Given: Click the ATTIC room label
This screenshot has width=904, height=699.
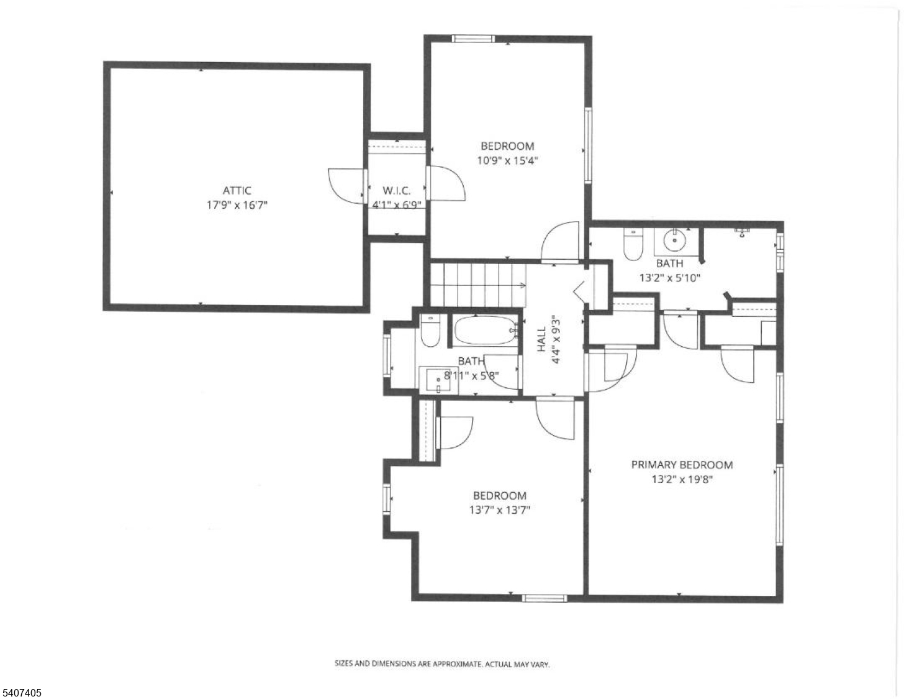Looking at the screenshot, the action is coord(237,191).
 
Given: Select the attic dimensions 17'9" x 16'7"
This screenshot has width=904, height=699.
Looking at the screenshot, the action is coord(237,205).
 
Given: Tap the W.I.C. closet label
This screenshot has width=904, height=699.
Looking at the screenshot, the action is coord(397,191).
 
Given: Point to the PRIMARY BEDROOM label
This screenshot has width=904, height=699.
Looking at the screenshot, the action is coord(682,465).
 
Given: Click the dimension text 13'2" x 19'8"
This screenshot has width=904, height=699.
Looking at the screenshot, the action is coord(682,479).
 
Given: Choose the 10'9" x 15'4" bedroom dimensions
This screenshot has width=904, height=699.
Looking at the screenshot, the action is coord(507,161).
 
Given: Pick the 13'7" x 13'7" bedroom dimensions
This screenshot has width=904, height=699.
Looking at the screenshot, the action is coord(500,510).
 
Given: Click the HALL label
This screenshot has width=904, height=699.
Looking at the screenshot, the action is coord(541,339).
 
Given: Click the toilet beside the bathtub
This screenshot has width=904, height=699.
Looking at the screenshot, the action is coord(430,331).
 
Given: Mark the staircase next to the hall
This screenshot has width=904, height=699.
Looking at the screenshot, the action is coord(478,285).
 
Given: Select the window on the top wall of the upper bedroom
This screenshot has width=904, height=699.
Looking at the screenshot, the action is coord(474,39).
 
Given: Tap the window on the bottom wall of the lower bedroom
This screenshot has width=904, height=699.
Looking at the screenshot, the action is coord(545,598).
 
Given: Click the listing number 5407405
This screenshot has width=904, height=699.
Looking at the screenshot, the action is coord(21,693).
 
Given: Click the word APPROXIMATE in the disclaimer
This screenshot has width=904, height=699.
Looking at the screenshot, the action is coord(457,664).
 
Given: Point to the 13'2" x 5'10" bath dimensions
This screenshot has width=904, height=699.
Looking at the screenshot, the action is coord(670,278).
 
